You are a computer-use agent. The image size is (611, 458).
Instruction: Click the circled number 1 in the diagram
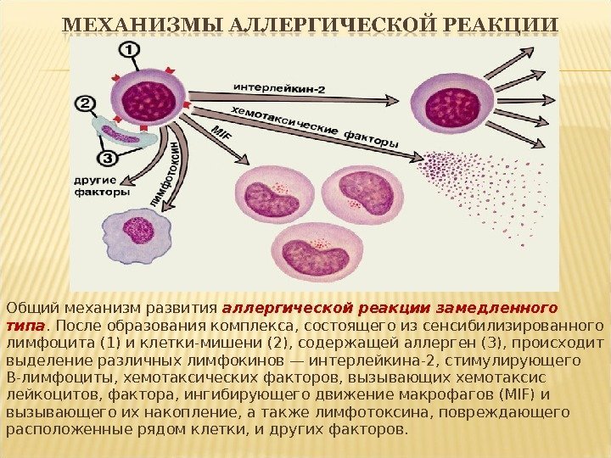point(130,52)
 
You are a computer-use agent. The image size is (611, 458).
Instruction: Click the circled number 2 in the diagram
point(85,103)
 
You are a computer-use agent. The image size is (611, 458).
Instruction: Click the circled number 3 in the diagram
point(107,158)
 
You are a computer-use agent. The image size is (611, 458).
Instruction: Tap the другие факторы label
point(101,186)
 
